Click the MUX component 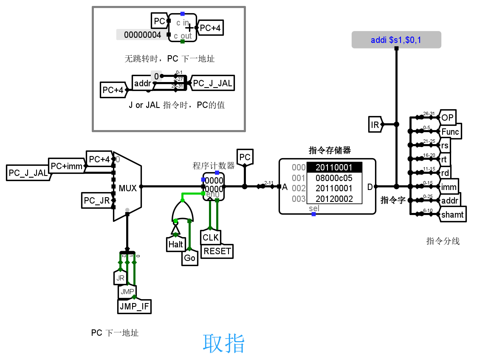(127, 187)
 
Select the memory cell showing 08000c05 (334, 178)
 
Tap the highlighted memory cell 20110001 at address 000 (334, 168)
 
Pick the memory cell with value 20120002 (334, 198)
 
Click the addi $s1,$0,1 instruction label (396, 40)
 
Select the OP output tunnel (447, 118)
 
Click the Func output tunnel (450, 132)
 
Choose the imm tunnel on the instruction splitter (449, 187)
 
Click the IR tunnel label (375, 125)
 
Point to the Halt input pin (175, 244)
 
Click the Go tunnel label (189, 258)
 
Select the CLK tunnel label (211, 237)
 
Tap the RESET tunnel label (217, 251)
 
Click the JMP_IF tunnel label (135, 306)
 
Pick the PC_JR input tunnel (96, 201)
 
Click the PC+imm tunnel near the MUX (67, 166)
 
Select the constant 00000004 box (142, 35)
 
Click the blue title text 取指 (223, 343)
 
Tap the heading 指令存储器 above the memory (330, 150)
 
